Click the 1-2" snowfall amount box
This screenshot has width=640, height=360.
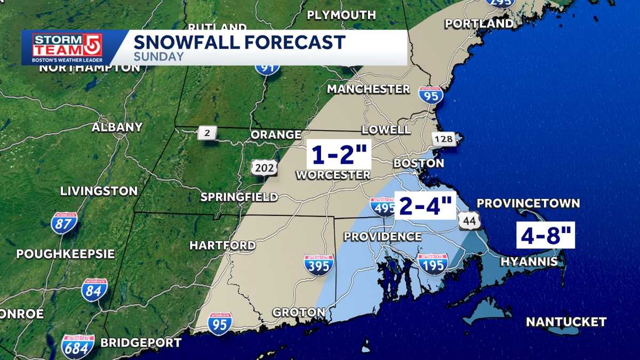[339, 155]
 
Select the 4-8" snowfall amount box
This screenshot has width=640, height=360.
[545, 235]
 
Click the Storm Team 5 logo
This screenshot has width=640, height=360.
[67, 48]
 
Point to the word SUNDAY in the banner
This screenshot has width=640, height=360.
[159, 57]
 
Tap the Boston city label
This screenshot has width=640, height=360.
[419, 163]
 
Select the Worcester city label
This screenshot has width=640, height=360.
[333, 175]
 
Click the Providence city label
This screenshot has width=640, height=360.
[382, 236]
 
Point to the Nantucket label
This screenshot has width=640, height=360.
[566, 322]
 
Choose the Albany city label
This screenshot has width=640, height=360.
[117, 127]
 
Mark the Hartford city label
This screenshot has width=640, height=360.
[222, 245]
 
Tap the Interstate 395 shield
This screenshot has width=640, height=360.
[319, 265]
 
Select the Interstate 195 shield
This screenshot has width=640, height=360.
[433, 263]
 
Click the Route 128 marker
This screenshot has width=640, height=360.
[443, 139]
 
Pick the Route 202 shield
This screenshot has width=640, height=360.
[265, 168]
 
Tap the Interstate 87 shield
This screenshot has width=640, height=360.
[64, 223]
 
